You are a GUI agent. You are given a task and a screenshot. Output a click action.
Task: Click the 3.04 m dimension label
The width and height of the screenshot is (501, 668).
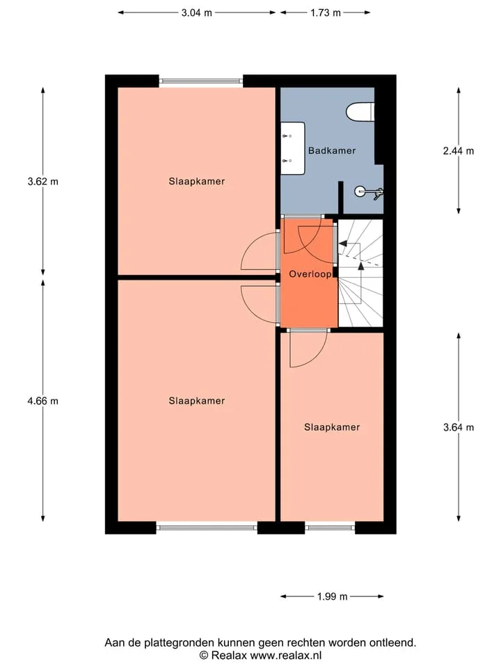pyautogui.click(x=196, y=13)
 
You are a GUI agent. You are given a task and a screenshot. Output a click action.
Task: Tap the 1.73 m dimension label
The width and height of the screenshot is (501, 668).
pyautogui.click(x=326, y=13)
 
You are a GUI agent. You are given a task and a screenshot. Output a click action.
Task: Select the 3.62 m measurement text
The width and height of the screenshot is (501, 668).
pyautogui.click(x=42, y=182)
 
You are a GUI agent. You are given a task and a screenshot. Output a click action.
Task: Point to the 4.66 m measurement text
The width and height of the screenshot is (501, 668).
pyautogui.click(x=42, y=401)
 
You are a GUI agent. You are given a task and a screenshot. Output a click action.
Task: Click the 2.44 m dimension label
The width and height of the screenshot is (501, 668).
pyautogui.click(x=459, y=151)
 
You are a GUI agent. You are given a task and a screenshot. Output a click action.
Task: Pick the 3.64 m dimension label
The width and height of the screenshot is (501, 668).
pyautogui.click(x=459, y=427)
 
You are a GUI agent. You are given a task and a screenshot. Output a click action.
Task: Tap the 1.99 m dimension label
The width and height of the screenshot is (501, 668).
pyautogui.click(x=333, y=596)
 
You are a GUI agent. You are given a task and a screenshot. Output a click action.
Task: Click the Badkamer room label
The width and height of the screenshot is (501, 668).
pyautogui.click(x=332, y=150)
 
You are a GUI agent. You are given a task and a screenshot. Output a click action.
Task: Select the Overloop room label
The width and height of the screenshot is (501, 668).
pyautogui.click(x=310, y=274)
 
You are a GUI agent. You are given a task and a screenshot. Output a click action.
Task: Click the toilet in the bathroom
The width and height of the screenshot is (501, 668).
pyautogui.click(x=360, y=112)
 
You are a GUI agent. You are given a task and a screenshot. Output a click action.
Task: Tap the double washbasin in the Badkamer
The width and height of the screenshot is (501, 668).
pyautogui.click(x=293, y=148)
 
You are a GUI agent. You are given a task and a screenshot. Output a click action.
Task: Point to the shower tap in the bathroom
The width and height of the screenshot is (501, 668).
pyautogui.click(x=369, y=193)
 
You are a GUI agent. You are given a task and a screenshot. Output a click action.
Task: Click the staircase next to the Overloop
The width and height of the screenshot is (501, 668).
pyautogui.click(x=360, y=273)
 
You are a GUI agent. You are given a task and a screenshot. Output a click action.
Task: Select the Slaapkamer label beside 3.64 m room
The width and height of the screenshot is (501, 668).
pyautogui.click(x=332, y=427)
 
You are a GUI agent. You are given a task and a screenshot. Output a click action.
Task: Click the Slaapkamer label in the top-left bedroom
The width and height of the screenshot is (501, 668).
pyautogui.click(x=196, y=182)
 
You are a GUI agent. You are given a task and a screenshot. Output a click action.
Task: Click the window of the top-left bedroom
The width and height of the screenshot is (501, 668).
pyautogui.click(x=201, y=81)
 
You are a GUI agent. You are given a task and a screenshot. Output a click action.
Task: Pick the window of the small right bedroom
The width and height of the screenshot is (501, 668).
pyautogui.click(x=330, y=528)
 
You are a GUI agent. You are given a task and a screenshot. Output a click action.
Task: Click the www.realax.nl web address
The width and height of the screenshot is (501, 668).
pyautogui.click(x=285, y=655)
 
